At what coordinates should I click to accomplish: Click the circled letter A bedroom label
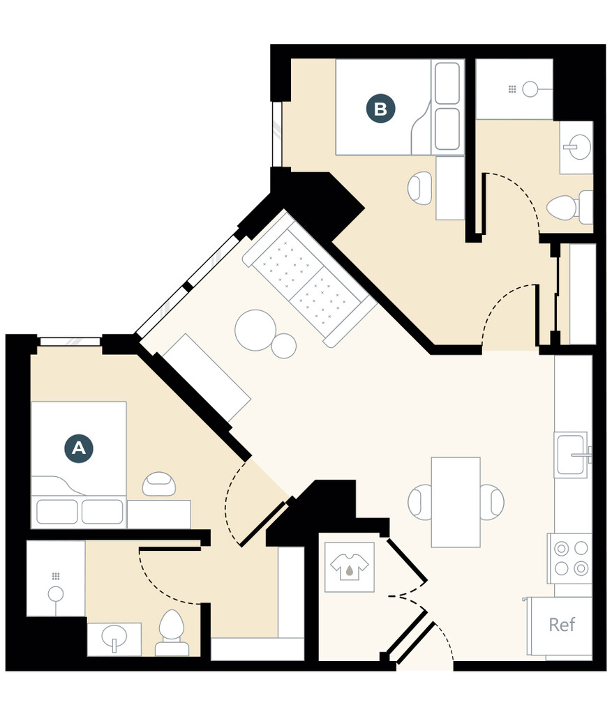(x=79, y=448)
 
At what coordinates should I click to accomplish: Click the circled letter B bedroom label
(x=380, y=109)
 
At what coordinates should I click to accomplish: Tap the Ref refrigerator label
(x=562, y=624)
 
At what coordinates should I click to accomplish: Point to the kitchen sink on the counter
(x=571, y=455)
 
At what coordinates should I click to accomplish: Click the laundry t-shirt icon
(x=349, y=567)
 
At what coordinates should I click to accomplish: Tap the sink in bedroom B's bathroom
(x=576, y=147)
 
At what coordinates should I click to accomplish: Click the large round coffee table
(x=254, y=330)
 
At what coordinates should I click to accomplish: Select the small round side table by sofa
(x=284, y=346)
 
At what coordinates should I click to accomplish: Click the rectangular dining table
(x=456, y=502)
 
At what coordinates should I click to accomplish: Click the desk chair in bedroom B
(x=421, y=188)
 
